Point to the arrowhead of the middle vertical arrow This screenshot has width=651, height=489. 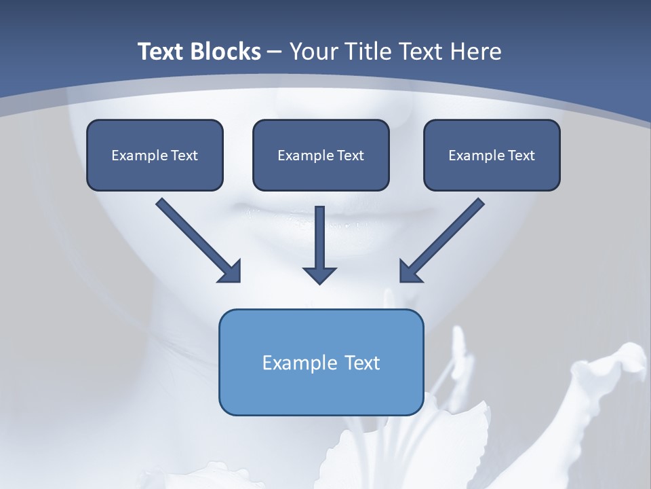tap(319, 275)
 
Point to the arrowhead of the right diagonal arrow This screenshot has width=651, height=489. tap(410, 272)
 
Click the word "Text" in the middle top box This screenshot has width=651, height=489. tap(351, 156)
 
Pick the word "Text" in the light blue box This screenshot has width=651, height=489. tap(363, 363)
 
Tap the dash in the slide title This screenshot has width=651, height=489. tap(275, 52)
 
